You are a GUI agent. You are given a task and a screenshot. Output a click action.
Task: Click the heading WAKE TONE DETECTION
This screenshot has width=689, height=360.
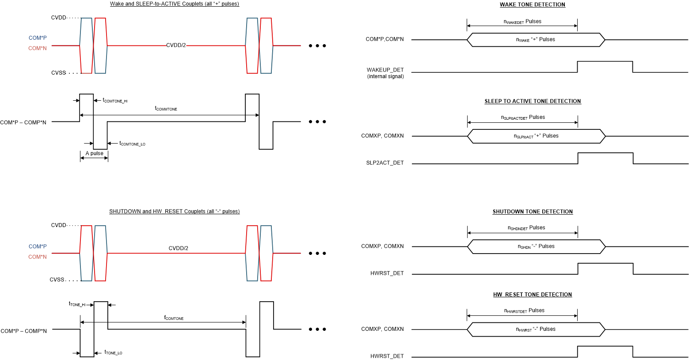[532, 5]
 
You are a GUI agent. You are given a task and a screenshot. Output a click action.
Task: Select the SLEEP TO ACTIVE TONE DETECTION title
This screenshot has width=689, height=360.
[533, 101]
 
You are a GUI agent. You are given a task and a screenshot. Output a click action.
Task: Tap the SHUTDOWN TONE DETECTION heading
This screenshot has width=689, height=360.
[533, 212]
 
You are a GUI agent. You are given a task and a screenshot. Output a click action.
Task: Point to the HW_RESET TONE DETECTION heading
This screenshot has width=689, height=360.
[532, 295]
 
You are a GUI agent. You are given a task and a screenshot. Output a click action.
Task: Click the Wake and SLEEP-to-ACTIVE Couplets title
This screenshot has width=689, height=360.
[174, 4]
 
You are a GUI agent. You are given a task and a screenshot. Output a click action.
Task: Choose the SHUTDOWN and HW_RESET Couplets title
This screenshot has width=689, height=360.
[174, 212]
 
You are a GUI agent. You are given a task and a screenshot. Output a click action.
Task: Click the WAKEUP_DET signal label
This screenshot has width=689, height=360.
[385, 70]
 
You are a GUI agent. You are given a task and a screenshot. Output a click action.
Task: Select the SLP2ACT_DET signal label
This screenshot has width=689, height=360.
[384, 163]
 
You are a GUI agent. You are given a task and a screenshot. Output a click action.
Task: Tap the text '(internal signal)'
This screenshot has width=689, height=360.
[385, 76]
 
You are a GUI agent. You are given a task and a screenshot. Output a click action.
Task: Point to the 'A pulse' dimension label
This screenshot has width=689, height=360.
[94, 154]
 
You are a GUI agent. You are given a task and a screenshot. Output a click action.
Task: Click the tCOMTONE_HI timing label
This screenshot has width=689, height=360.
[115, 101]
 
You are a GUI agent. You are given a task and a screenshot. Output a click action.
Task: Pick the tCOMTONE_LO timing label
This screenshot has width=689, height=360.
[132, 144]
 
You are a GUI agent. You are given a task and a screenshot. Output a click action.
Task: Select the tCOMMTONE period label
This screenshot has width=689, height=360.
[166, 109]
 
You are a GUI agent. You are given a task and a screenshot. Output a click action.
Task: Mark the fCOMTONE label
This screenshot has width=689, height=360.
[174, 318]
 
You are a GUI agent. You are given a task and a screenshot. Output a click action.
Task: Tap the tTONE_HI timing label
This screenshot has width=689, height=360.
[77, 304]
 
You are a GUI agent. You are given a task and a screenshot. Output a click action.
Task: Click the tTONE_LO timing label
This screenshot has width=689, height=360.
[113, 352]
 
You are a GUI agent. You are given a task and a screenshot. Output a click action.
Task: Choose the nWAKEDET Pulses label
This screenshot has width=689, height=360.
[522, 22]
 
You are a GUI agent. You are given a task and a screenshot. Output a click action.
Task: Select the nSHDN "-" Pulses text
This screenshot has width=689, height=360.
[536, 246]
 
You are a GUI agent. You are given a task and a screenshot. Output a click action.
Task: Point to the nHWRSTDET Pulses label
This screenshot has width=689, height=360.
[524, 311]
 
